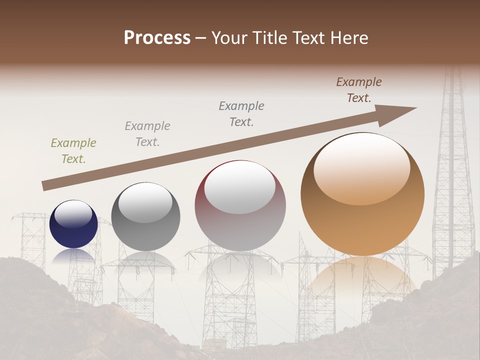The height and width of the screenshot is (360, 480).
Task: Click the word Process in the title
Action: (x=157, y=38)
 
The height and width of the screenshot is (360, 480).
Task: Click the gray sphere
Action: (x=145, y=217)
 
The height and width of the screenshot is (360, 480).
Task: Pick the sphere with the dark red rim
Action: (x=240, y=206)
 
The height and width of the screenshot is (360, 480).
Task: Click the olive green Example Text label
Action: (x=73, y=151)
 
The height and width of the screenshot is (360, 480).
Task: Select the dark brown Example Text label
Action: (x=358, y=90)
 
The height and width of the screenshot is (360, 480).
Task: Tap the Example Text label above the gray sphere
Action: (x=147, y=133)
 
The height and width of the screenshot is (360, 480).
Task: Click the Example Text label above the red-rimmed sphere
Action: (x=241, y=113)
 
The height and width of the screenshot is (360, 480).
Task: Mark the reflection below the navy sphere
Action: (x=73, y=256)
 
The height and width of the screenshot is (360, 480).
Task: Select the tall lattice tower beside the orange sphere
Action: (x=452, y=180)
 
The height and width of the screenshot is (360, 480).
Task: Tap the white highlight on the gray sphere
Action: (x=145, y=203)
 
